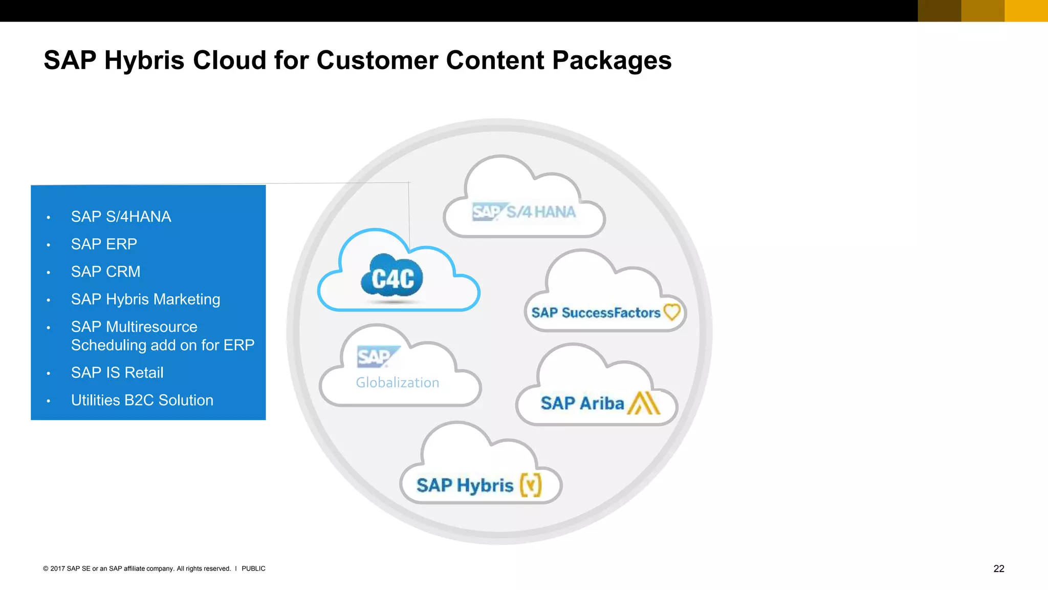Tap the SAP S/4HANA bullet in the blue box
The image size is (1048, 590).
pos(121,217)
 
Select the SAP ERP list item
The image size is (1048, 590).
pos(104,244)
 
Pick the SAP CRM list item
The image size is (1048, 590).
pos(105,271)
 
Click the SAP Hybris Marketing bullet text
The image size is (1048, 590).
pos(145,299)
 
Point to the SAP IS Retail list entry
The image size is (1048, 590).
pos(117,373)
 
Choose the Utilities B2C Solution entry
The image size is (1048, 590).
pos(142,400)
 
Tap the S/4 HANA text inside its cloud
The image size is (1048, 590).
pos(541,212)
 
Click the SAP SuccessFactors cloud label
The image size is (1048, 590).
pos(596,312)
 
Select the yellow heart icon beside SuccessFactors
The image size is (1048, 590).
pos(672,311)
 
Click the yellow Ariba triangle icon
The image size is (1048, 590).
pos(644,403)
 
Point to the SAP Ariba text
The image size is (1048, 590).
pos(582,403)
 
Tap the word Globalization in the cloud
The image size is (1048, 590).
pos(397,383)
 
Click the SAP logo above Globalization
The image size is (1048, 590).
pos(377,357)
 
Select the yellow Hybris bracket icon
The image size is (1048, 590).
pos(531,484)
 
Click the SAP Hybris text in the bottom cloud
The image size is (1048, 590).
pos(464,485)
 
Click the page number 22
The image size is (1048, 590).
pos(998,568)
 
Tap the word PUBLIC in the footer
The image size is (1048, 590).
pos(253,568)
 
